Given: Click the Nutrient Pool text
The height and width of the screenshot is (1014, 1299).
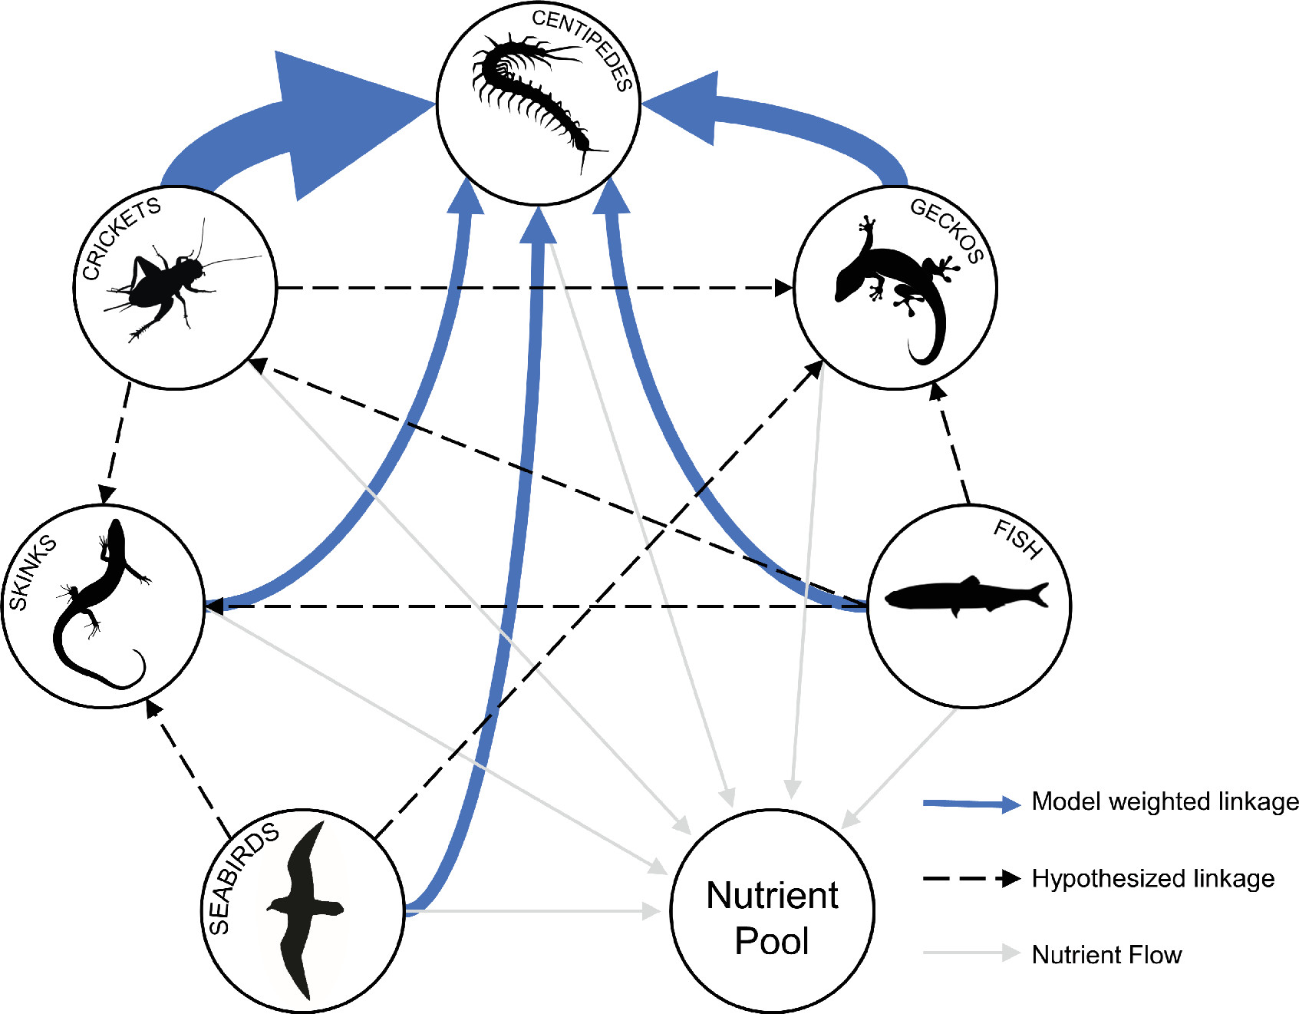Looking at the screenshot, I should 772,918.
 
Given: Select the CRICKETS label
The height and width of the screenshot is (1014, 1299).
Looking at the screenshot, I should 121,238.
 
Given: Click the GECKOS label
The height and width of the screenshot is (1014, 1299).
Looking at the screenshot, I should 947,230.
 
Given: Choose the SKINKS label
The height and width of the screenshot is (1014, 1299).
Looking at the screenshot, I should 32,573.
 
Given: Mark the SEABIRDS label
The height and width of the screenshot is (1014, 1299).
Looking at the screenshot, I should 242,878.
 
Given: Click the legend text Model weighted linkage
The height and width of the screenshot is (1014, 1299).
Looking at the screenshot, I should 1165,801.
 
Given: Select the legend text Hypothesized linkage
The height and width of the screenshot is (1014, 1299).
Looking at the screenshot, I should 1152,878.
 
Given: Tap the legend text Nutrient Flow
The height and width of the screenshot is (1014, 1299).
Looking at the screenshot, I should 1106,955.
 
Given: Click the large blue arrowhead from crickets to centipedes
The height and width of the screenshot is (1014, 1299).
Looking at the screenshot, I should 338,123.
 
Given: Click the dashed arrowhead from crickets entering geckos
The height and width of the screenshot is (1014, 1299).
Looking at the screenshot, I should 783,288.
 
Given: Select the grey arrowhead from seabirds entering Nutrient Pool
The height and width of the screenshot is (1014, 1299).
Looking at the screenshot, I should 651,911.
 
